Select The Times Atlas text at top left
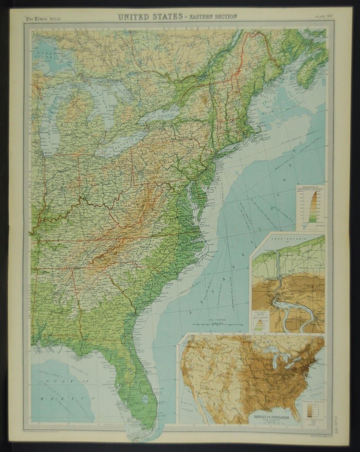(x=43, y=19)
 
